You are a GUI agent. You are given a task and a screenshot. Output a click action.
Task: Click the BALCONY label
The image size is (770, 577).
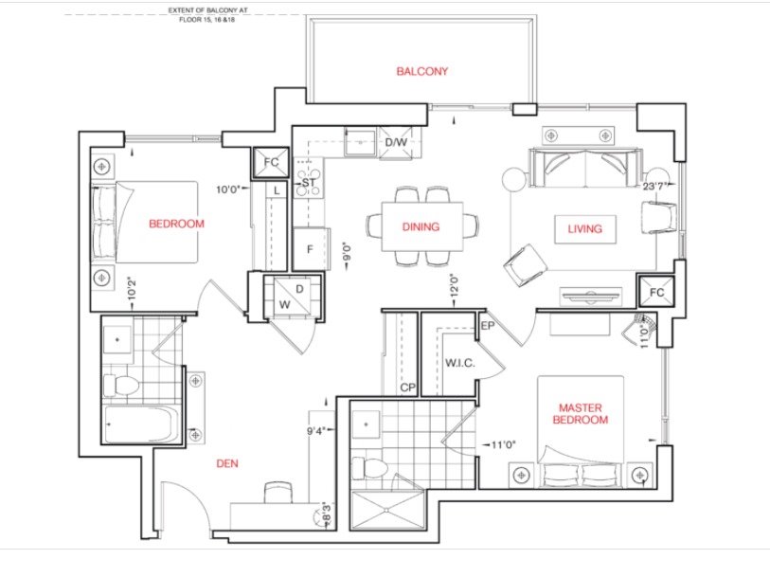pyautogui.click(x=421, y=71)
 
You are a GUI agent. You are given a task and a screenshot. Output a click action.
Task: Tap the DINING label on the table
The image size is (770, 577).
pyautogui.click(x=421, y=226)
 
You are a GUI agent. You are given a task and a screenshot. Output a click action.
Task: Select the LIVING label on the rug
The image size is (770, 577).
pyautogui.click(x=584, y=229)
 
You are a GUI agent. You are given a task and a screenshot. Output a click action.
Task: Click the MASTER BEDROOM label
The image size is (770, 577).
pyautogui.click(x=581, y=413)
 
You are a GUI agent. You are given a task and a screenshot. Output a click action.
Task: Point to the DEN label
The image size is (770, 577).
pyautogui.click(x=227, y=463)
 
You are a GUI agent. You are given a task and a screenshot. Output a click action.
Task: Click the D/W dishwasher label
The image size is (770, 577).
pyautogui.click(x=396, y=142)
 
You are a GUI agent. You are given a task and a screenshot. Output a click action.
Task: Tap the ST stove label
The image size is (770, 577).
pyautogui.click(x=309, y=183)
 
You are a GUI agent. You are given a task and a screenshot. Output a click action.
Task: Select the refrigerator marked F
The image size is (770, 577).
pyautogui.click(x=310, y=248)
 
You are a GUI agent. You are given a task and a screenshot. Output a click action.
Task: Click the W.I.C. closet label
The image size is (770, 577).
pyautogui.click(x=460, y=363)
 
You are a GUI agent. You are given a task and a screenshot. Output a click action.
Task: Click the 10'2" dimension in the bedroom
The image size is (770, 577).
pyautogui.click(x=132, y=290)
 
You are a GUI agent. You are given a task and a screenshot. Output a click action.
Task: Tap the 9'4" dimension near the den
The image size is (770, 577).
pyautogui.click(x=316, y=431)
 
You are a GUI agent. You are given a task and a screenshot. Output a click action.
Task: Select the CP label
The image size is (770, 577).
pyautogui.click(x=407, y=388)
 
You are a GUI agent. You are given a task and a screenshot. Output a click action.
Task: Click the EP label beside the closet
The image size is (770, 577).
pyautogui.click(x=488, y=326)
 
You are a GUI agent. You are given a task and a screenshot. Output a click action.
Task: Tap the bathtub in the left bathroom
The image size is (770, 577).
pyautogui.click(x=140, y=424)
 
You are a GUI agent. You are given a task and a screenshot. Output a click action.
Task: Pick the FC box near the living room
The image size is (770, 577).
pyautogui.click(x=656, y=292)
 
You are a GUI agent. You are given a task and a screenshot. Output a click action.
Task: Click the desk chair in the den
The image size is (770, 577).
pyautogui.click(x=278, y=493)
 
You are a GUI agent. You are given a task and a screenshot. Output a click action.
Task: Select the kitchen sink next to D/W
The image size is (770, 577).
pyautogui.click(x=360, y=142)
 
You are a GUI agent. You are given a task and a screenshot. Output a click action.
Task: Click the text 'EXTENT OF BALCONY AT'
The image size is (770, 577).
pyautogui.click(x=207, y=9)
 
